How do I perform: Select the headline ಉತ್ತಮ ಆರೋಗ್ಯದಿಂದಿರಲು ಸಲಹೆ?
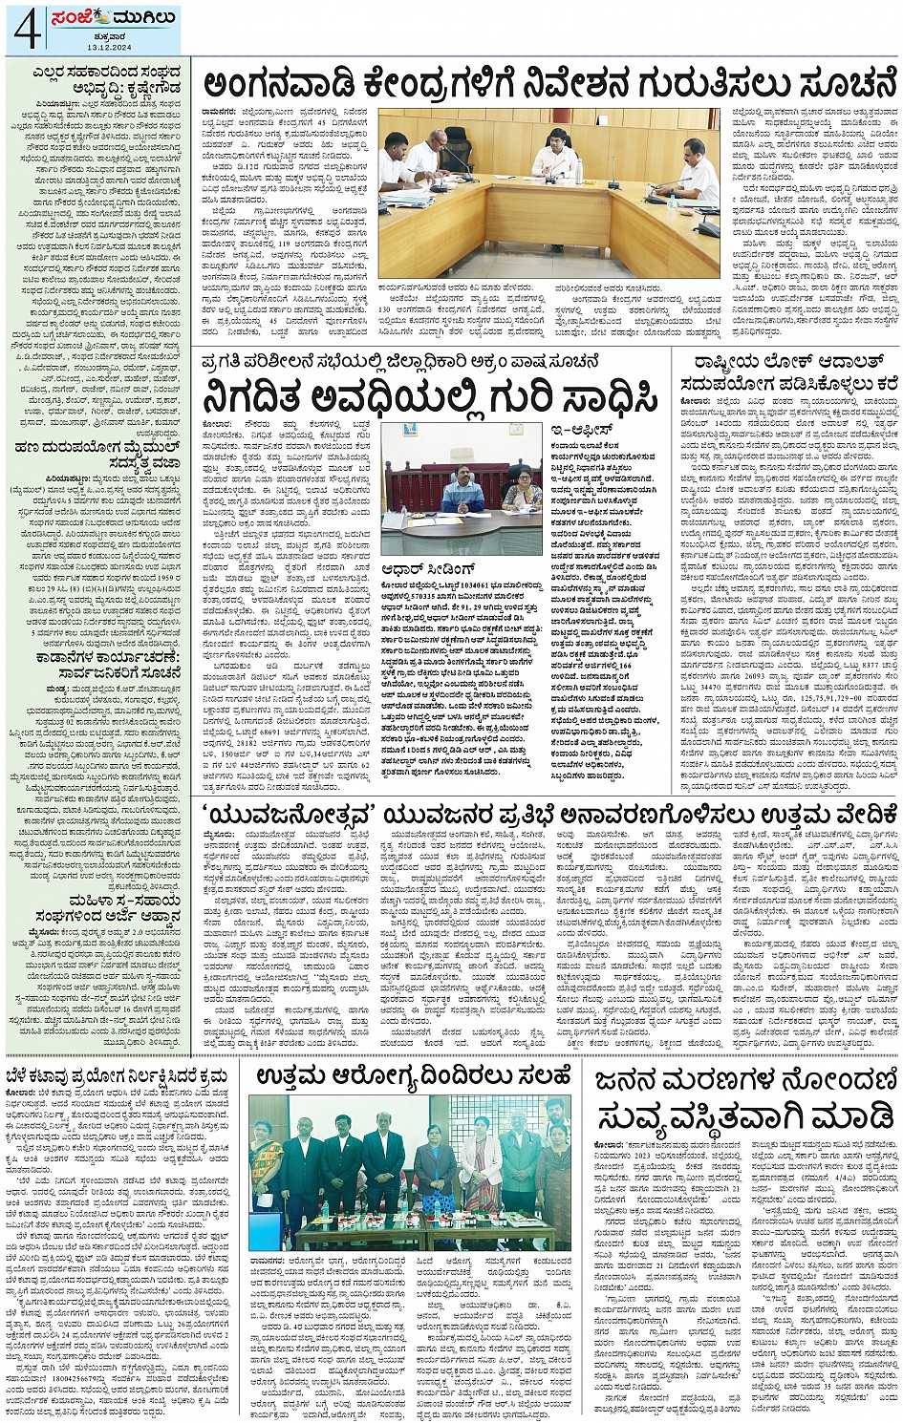[x=412, y=1076]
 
